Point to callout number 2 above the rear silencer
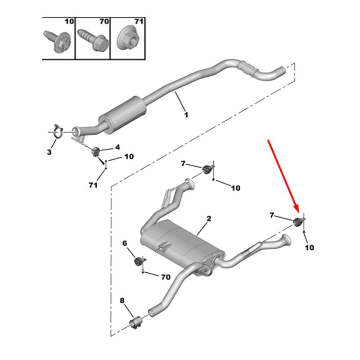[209, 219]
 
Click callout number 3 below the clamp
[49, 153]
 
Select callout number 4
[117, 147]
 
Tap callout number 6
[125, 243]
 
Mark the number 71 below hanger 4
[93, 185]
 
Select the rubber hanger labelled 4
[95, 151]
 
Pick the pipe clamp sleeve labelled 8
[137, 322]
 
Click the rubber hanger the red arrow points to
[298, 221]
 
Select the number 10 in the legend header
[69, 22]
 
